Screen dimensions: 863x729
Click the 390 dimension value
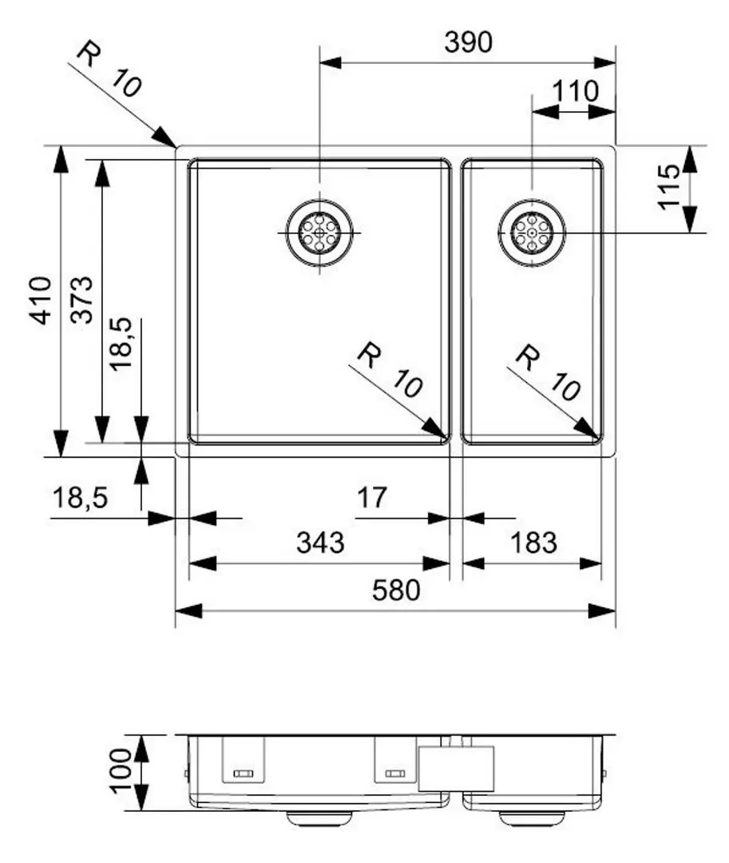click(469, 43)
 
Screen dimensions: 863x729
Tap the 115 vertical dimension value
click(668, 186)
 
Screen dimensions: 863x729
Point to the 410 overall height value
click(40, 300)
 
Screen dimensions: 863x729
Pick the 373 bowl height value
click(82, 298)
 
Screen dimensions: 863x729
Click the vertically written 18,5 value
click(122, 344)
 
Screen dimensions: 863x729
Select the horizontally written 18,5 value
click(79, 499)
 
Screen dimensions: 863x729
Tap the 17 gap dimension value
click(371, 499)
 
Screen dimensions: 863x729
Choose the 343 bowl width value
click(320, 543)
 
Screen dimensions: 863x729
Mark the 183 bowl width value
click(533, 543)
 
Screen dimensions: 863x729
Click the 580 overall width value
click(395, 591)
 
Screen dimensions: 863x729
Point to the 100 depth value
click(121, 771)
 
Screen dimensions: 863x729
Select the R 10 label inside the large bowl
click(390, 370)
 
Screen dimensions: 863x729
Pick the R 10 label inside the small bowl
click(547, 372)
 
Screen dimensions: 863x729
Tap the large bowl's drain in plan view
click(319, 232)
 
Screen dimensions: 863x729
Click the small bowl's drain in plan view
click(532, 232)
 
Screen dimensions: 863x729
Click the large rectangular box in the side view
click(456, 768)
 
